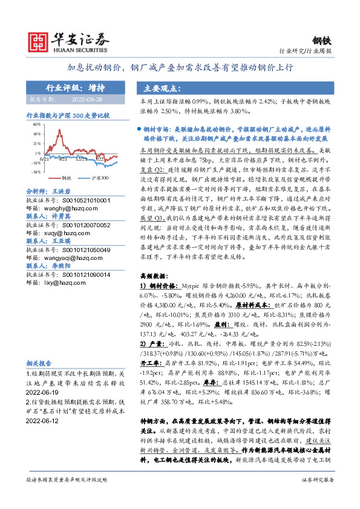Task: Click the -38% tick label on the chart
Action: (x=36, y=172)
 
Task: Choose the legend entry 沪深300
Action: (x=100, y=179)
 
